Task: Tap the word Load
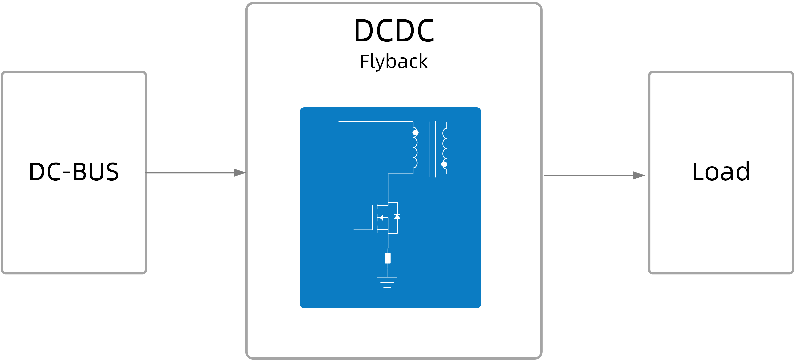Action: pyautogui.click(x=721, y=171)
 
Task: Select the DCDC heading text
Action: pyautogui.click(x=394, y=31)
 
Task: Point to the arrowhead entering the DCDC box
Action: pyautogui.click(x=239, y=173)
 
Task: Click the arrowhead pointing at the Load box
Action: pyautogui.click(x=639, y=175)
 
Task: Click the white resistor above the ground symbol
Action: pyautogui.click(x=388, y=258)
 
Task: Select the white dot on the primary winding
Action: pyautogui.click(x=415, y=133)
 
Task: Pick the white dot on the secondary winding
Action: pyautogui.click(x=444, y=164)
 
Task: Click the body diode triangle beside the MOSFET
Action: pyautogui.click(x=397, y=217)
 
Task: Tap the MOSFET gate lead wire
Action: pyautogui.click(x=363, y=230)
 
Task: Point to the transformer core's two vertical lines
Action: pyautogui.click(x=432, y=149)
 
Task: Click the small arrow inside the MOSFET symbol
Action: pyautogui.click(x=381, y=218)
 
